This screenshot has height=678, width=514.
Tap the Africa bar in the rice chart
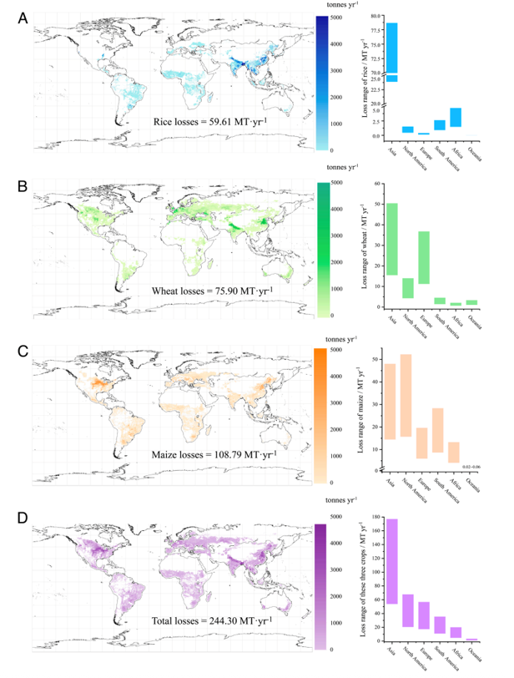(x=456, y=117)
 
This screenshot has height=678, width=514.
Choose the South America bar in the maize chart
(x=439, y=430)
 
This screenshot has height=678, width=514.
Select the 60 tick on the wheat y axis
(x=376, y=183)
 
